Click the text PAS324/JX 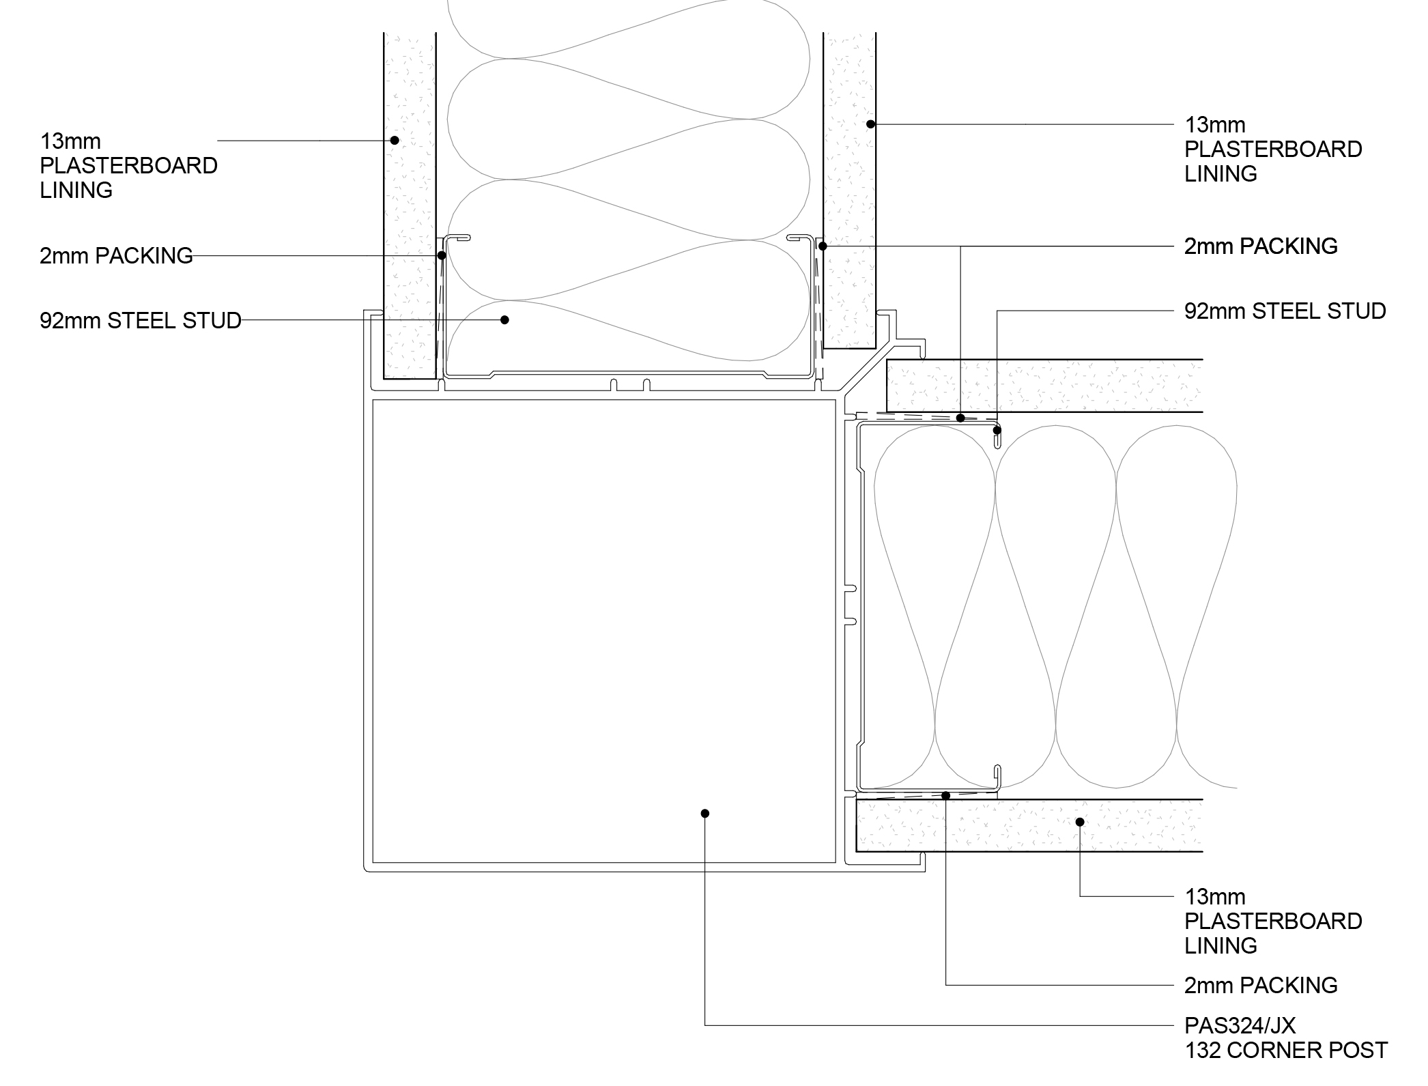coord(1240,1025)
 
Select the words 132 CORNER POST coord(1286,1050)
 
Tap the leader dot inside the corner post coord(705,813)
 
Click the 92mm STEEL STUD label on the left coord(141,320)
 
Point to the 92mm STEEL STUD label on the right coord(1285,311)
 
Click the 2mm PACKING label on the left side coord(116,255)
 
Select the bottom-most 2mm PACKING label coord(1261,985)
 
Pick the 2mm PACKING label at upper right coord(1261,246)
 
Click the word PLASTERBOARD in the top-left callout coord(128,166)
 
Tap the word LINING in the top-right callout coord(1220,174)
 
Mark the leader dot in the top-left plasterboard coord(394,141)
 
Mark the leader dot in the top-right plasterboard coord(870,124)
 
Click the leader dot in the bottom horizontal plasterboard coord(1080,822)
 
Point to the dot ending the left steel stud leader coord(504,319)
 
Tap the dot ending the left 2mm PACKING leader coord(442,255)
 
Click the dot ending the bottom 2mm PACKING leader coord(946,796)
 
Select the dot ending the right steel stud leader coord(997,431)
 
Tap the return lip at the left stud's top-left coord(458,238)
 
